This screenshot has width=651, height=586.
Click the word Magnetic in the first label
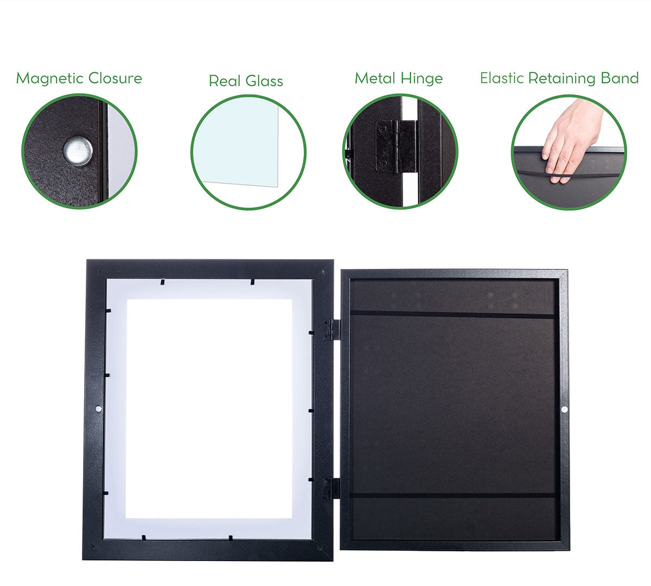pyautogui.click(x=50, y=79)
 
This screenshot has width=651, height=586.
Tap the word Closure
pyautogui.click(x=115, y=78)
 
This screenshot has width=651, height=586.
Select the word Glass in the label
pyautogui.click(x=264, y=81)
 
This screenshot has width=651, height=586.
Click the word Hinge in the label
pyautogui.click(x=422, y=79)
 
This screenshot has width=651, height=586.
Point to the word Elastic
pyautogui.click(x=502, y=78)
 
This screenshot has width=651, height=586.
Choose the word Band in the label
pyautogui.click(x=620, y=78)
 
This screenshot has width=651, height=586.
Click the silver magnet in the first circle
pyautogui.click(x=78, y=151)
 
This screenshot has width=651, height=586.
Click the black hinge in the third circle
pyautogui.click(x=396, y=146)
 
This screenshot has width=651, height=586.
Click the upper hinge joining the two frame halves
pyautogui.click(x=331, y=330)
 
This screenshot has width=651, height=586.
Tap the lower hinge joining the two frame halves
pyautogui.click(x=331, y=489)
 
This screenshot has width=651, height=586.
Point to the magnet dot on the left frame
pyautogui.click(x=98, y=409)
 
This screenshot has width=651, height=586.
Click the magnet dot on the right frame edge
pyautogui.click(x=564, y=410)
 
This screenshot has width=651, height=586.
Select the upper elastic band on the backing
pyautogui.click(x=452, y=314)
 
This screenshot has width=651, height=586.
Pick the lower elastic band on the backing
pyautogui.click(x=452, y=496)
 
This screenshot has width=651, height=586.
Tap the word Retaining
pyautogui.click(x=563, y=79)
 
